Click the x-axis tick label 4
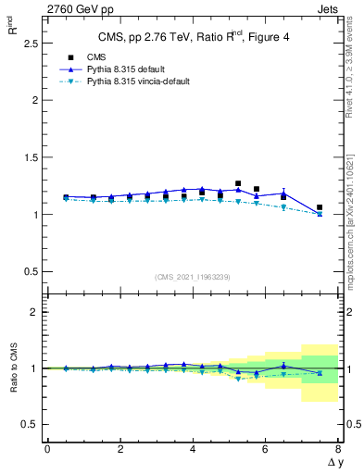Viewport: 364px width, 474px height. [193, 449]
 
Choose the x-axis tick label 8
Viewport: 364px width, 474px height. [338, 449]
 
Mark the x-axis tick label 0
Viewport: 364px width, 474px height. [47, 449]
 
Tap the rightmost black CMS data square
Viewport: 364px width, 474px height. [320, 207]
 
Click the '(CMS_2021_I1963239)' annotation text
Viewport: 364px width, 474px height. [193, 276]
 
